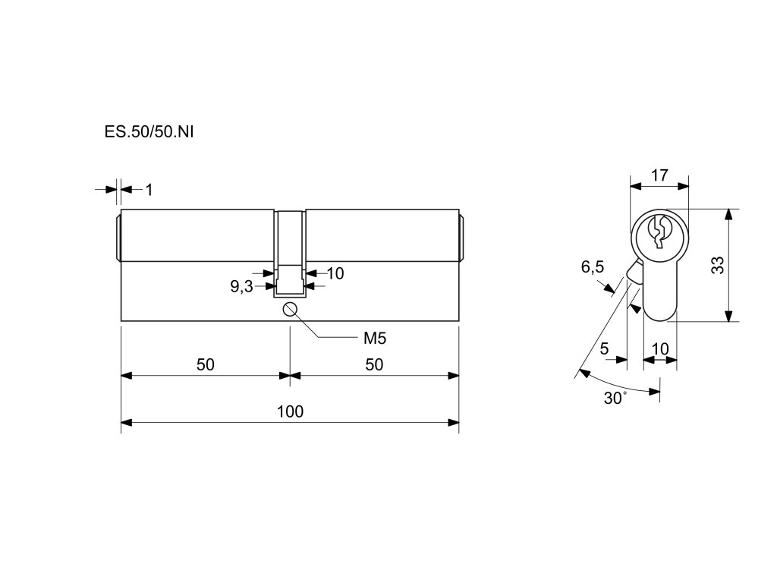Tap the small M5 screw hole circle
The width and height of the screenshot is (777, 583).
click(290, 309)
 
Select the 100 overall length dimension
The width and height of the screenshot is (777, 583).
click(290, 411)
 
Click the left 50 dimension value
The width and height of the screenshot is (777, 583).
click(206, 364)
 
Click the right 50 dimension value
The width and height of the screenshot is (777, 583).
click(374, 364)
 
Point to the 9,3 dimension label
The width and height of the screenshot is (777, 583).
click(241, 286)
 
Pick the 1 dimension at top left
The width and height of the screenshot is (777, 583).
click(149, 190)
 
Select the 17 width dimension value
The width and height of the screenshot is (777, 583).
click(659, 175)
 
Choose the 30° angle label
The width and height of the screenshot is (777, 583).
click(615, 399)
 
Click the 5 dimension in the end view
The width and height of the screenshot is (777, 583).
click(604, 348)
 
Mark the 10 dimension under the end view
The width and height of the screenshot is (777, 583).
click(660, 348)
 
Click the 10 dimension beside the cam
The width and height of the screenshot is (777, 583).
click(335, 273)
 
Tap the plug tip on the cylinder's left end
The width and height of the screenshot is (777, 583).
click(118, 236)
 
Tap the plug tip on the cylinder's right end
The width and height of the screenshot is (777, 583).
click(462, 236)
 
